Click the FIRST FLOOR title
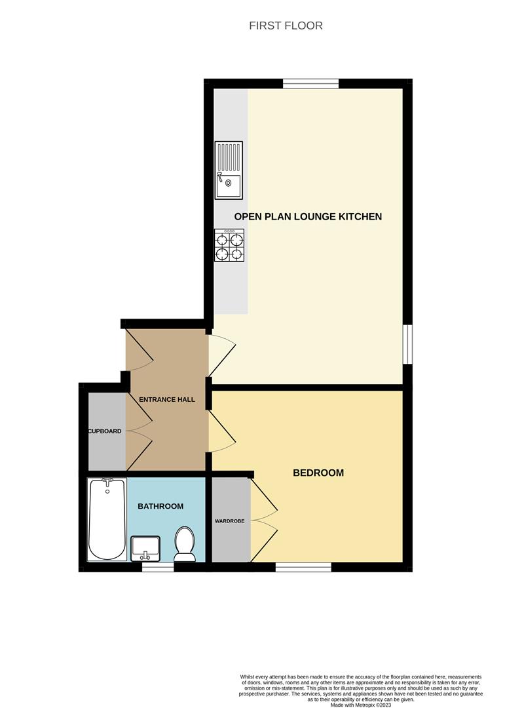point(286,26)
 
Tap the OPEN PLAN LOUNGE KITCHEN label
point(308,216)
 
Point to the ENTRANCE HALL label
point(166,399)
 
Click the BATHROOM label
point(160,506)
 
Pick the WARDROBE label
point(229,521)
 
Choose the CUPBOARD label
point(105,431)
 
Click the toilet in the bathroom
point(185,545)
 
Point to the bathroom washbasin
point(145,548)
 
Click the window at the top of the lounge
point(310,83)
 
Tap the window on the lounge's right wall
point(407,344)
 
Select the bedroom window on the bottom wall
point(303,566)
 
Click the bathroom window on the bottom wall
point(158,566)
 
